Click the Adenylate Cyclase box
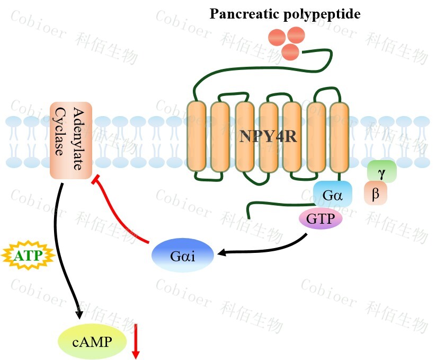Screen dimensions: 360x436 (x=72, y=140)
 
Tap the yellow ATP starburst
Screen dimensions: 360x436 (x=25, y=256)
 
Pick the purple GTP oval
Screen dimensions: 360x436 (x=321, y=218)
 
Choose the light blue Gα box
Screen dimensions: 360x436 (x=333, y=195)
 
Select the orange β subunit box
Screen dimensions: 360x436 (x=376, y=194)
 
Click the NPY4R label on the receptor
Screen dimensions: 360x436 (x=267, y=136)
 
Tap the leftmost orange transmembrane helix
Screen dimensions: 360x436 (x=197, y=136)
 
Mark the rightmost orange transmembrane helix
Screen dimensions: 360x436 (x=339, y=136)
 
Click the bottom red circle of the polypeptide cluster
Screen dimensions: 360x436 (x=291, y=52)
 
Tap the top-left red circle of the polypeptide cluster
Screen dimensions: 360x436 (x=278, y=38)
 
